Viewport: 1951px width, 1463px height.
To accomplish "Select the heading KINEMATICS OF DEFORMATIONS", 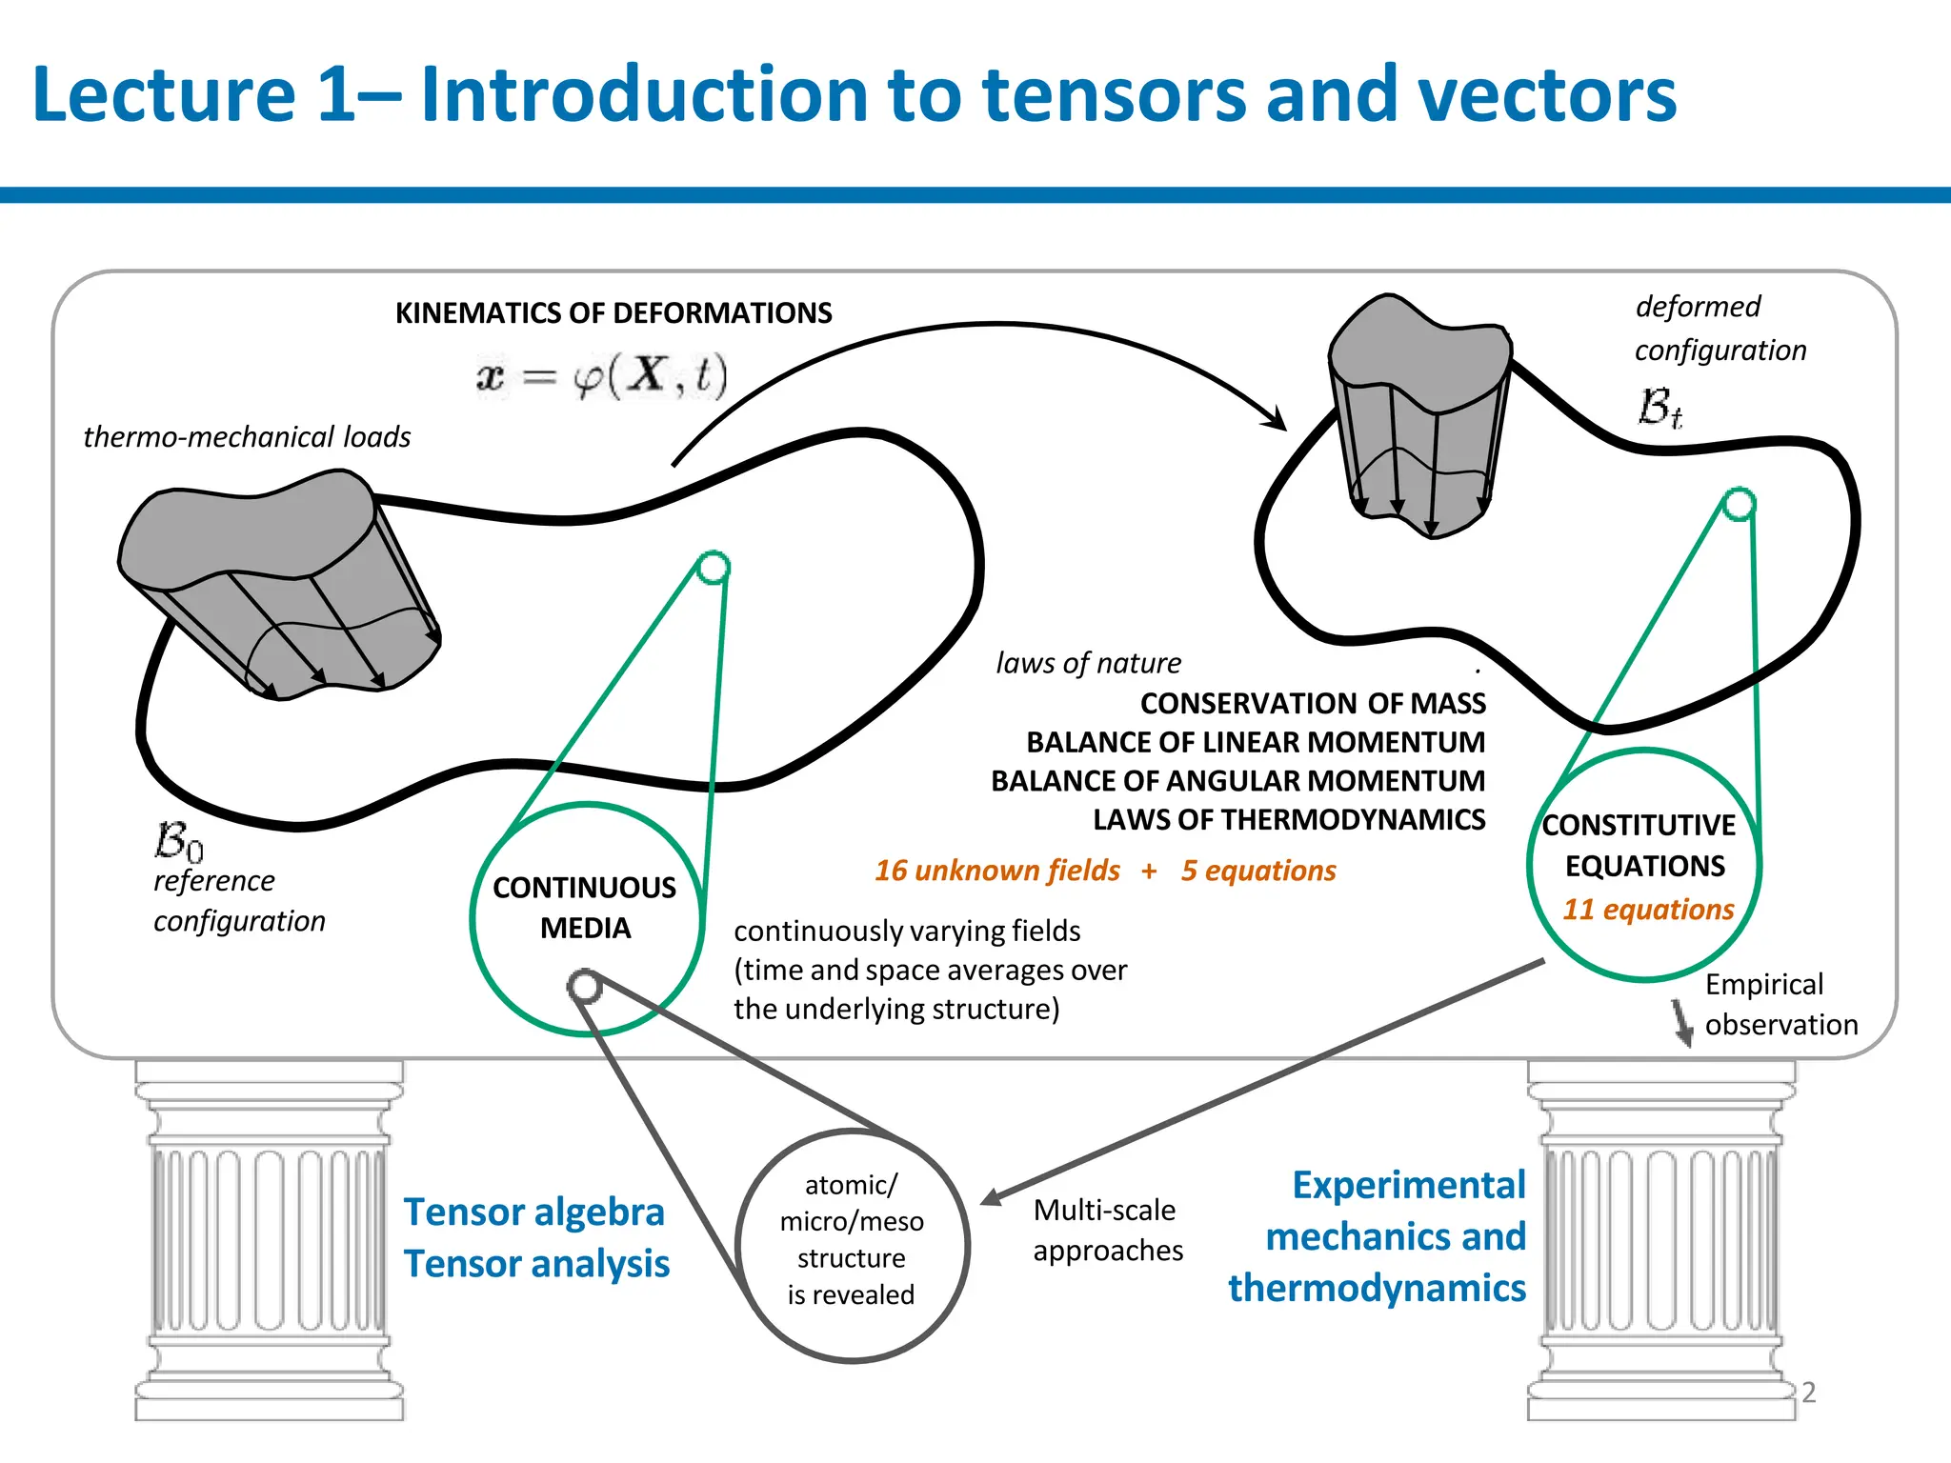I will (x=613, y=313).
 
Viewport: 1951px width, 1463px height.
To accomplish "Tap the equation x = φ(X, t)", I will (x=602, y=376).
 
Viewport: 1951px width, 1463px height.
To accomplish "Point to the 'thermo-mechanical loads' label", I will (x=247, y=437).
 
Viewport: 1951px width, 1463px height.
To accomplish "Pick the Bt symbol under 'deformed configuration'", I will (x=1659, y=408).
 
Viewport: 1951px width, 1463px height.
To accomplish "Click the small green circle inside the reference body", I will (x=713, y=568).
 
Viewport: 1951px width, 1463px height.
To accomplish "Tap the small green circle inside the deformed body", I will (x=1740, y=504).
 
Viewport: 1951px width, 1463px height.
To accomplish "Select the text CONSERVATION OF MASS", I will (x=1312, y=704).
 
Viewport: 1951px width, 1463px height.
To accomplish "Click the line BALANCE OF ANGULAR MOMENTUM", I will (x=1237, y=781).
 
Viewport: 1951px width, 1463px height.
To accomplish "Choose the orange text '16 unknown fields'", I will (x=996, y=871).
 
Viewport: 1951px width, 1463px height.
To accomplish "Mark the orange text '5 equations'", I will (x=1257, y=871).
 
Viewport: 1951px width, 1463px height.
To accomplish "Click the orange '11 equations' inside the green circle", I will (x=1647, y=910).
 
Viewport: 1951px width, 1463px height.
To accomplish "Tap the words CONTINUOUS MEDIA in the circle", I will (x=585, y=908).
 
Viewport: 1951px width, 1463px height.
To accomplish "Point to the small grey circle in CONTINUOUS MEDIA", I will (x=584, y=986).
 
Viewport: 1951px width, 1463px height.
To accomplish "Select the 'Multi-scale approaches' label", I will (x=1107, y=1231).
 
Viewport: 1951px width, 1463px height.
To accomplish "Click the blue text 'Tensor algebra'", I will (x=533, y=1212).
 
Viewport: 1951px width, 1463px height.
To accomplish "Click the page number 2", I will (x=1808, y=1393).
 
